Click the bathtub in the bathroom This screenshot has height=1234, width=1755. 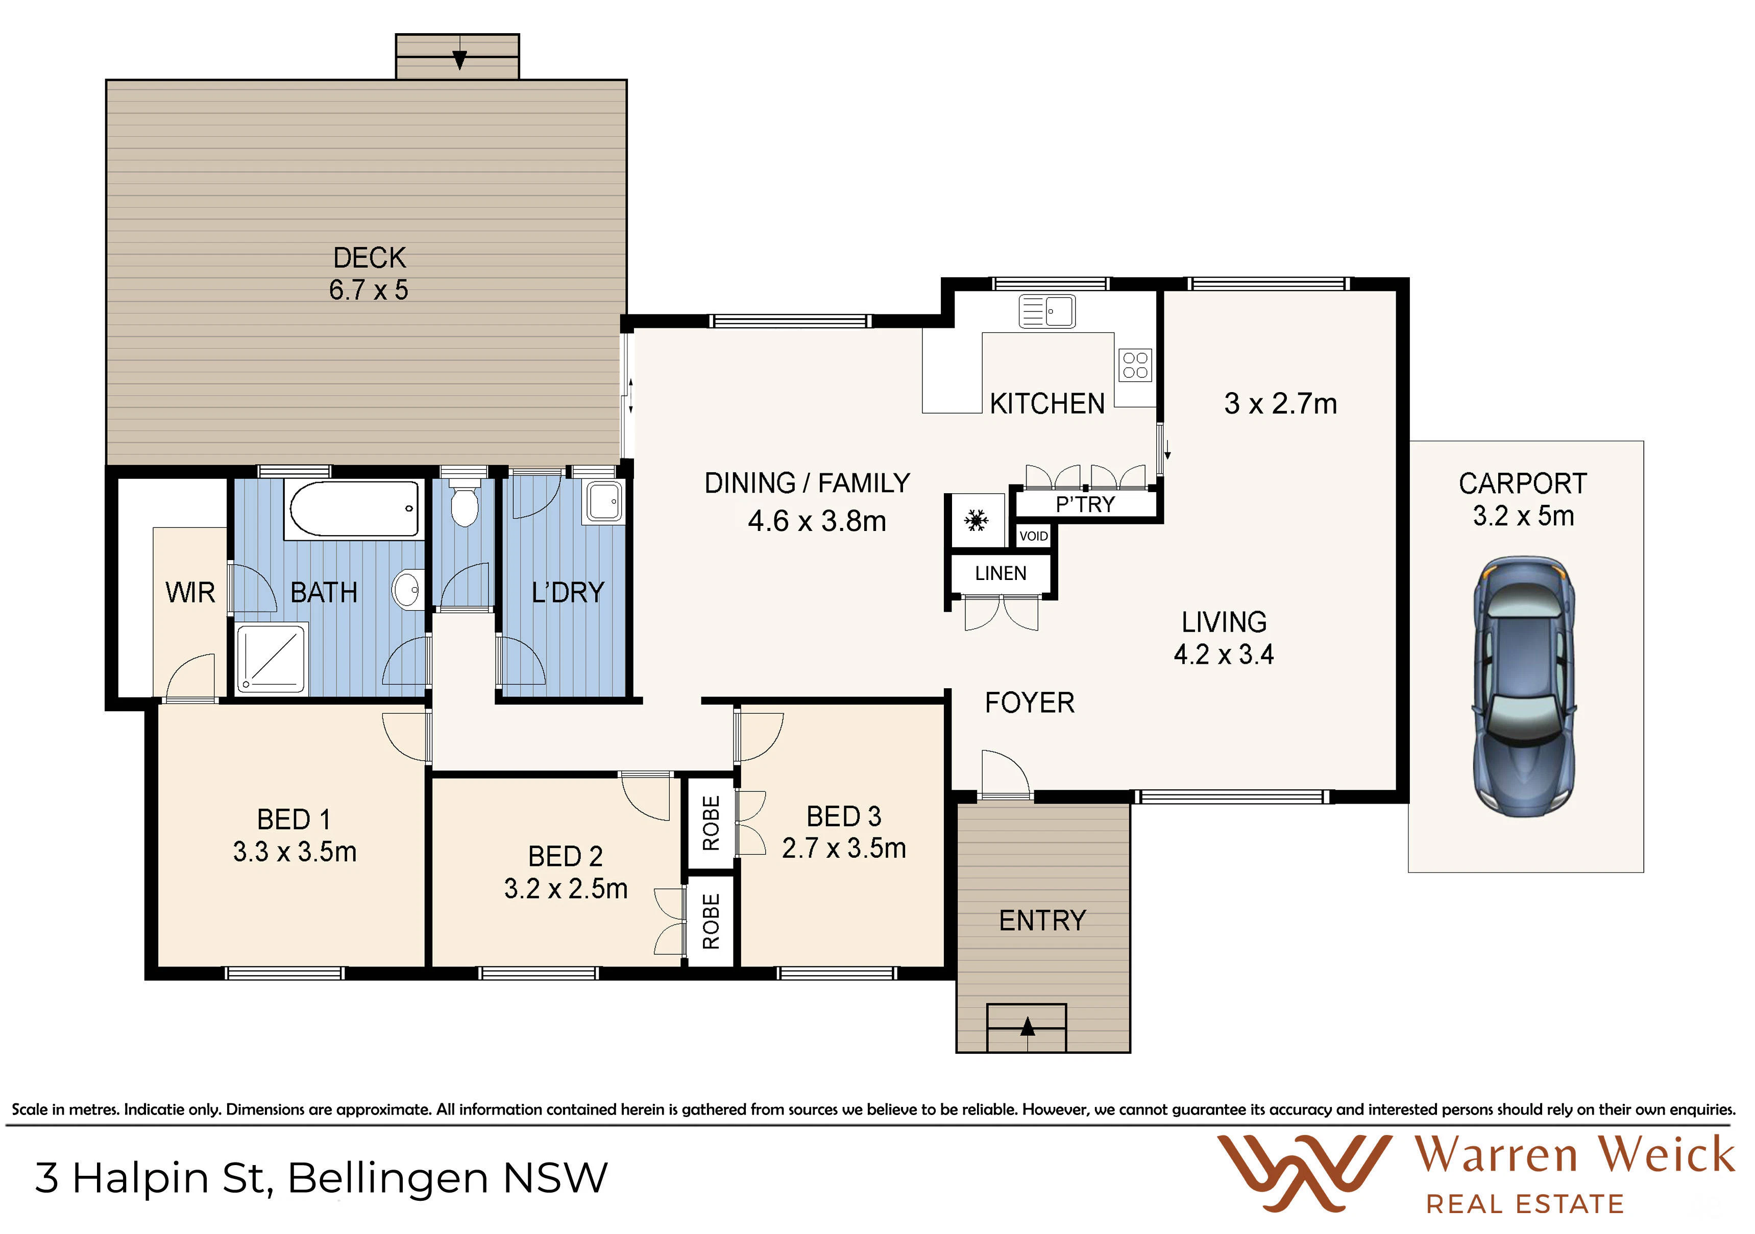pyautogui.click(x=354, y=509)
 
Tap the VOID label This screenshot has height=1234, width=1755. pyautogui.click(x=1033, y=536)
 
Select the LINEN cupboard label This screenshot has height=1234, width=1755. pyautogui.click(x=1001, y=573)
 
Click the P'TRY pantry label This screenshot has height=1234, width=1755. pyautogui.click(x=1085, y=504)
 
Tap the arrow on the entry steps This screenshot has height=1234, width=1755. pyautogui.click(x=1027, y=1026)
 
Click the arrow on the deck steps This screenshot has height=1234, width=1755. pyautogui.click(x=459, y=59)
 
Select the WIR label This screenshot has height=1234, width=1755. pyautogui.click(x=190, y=593)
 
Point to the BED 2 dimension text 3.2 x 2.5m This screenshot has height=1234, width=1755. pyautogui.click(x=566, y=888)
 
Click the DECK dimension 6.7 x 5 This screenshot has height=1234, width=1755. pyautogui.click(x=369, y=291)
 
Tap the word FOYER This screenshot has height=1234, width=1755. pyautogui.click(x=1030, y=703)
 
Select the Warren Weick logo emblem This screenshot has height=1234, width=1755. pyautogui.click(x=1304, y=1174)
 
